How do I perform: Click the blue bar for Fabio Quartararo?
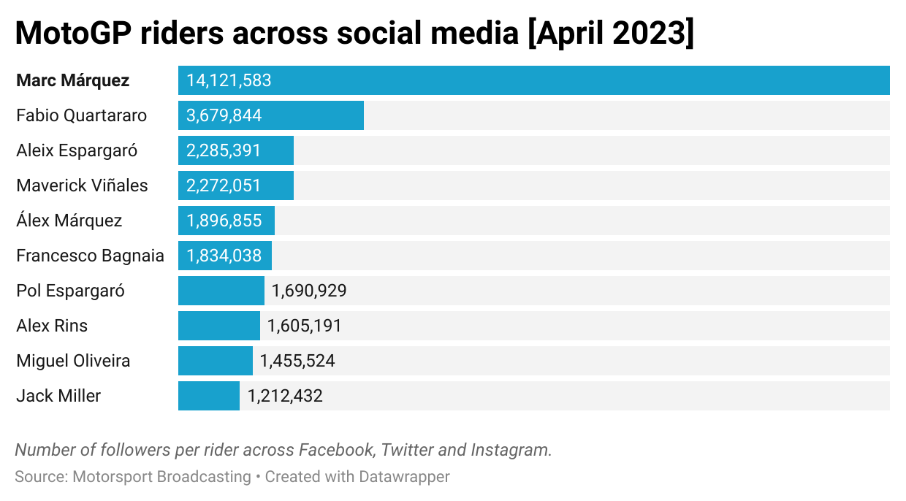tap(270, 115)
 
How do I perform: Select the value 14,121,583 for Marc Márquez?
tap(229, 80)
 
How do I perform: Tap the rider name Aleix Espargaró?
tap(77, 150)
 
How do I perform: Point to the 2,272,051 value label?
tap(224, 186)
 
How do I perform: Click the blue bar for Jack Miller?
tap(209, 396)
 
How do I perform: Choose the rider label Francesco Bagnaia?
tap(90, 256)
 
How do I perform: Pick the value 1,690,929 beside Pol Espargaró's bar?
tap(309, 291)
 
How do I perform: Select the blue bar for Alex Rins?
tap(219, 326)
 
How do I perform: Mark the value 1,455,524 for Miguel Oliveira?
tap(297, 361)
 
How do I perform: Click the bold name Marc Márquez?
tap(73, 80)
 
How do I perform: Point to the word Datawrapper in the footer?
tap(404, 477)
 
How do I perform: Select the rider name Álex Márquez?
tap(69, 221)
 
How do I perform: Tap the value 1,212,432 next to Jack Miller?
tap(285, 396)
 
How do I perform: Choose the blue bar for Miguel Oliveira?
tap(216, 361)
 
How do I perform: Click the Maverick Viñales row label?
tap(82, 186)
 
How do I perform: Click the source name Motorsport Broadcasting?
tap(161, 477)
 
